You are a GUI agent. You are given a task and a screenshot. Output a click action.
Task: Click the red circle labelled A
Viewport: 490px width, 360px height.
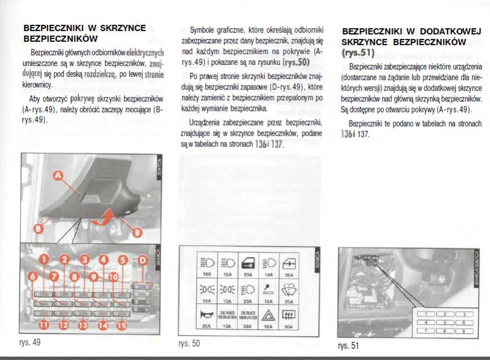click(57, 177)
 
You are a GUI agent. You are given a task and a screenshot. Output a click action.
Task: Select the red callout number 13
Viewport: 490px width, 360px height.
click(83, 324)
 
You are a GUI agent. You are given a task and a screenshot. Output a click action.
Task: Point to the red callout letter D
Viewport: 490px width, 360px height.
click(142, 260)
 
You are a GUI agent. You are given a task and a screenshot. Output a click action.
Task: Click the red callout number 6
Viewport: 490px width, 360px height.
click(33, 276)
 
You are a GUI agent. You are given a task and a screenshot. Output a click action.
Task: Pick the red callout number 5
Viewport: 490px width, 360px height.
click(123, 260)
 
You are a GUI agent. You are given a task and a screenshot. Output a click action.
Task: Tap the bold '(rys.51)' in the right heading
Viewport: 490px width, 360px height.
click(359, 53)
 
